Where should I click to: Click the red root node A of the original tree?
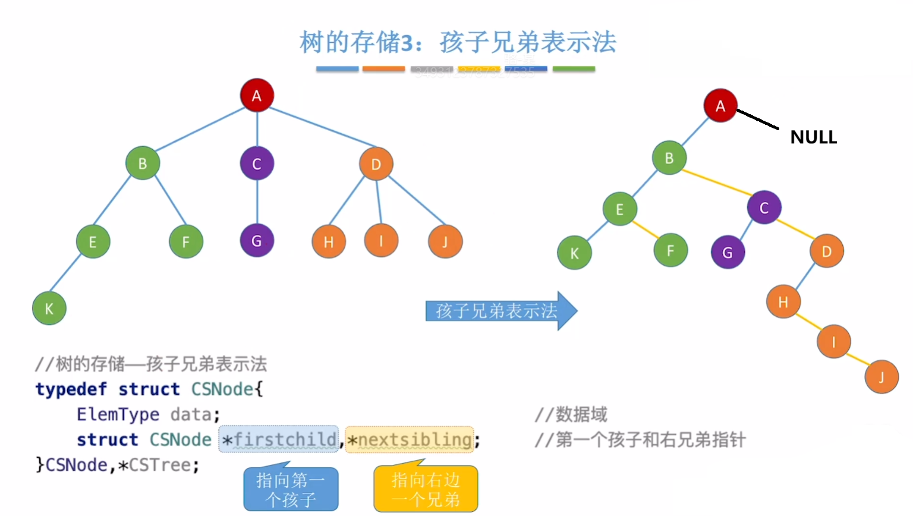257,95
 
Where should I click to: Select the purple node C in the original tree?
257,163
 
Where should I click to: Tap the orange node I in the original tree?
381,241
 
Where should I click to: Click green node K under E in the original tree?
49,309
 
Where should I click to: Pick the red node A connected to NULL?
720,106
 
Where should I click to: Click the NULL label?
813,137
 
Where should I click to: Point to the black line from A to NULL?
758,119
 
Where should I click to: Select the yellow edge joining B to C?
716,182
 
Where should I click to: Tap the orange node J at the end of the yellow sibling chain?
881,377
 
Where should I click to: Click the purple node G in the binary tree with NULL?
728,252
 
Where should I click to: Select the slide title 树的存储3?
458,42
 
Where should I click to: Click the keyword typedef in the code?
71,389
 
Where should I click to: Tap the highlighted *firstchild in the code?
279,439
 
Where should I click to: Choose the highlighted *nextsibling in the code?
410,439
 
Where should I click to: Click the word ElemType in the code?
118,414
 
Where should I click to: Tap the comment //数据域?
571,414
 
